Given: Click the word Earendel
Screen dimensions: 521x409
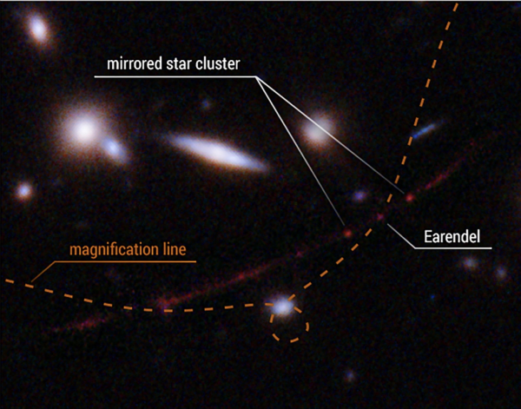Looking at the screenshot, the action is point(452,237).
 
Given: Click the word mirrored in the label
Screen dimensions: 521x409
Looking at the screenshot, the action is point(134,63).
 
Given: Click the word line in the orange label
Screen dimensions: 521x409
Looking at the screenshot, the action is point(175,249).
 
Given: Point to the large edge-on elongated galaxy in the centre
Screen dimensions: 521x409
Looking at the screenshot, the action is point(217,152).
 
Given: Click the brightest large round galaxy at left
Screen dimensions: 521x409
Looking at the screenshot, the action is point(83,130).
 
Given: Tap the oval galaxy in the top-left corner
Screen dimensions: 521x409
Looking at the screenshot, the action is point(39,30).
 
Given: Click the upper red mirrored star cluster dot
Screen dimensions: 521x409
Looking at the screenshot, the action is point(410,198).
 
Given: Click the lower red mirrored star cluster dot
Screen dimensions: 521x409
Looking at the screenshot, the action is point(347,234).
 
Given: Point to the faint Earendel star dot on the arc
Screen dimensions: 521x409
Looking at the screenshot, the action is point(380,217).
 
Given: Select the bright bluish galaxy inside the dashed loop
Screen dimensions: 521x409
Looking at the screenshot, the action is point(282,307).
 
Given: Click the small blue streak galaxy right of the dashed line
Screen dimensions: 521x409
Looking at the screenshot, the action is point(424,130).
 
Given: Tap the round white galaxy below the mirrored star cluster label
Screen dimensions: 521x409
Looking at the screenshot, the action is point(317,132).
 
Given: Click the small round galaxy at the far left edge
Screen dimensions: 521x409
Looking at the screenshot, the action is point(24,191).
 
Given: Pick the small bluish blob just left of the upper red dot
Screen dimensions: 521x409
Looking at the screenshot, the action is point(359,195).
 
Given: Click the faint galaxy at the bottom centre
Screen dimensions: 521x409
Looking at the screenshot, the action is point(350,377).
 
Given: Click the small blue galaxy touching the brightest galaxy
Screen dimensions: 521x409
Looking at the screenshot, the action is point(114,148).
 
